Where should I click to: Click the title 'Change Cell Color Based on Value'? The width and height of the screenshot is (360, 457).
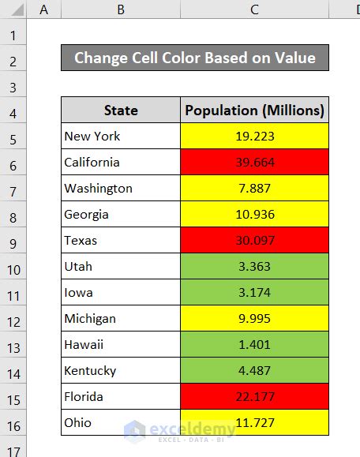194,58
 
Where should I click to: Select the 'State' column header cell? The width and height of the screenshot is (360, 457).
120,110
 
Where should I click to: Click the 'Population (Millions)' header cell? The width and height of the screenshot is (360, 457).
254,110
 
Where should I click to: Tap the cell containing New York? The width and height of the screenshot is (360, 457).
120,136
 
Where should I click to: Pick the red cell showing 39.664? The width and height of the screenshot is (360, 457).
254,162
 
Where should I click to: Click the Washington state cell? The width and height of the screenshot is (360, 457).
120,188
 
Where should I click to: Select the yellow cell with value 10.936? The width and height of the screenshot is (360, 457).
254,214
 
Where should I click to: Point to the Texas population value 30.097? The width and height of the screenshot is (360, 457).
254,240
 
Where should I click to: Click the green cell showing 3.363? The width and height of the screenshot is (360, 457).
254,266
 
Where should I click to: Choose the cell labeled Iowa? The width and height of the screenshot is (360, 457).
120,292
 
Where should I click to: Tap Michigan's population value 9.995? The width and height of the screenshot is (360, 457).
254,318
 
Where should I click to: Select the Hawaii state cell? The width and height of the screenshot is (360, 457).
120,344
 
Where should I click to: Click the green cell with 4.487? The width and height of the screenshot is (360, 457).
254,370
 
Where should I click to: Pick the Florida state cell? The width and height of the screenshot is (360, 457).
120,396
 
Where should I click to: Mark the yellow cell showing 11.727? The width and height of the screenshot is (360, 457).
254,422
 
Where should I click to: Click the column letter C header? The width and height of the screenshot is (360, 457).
254,9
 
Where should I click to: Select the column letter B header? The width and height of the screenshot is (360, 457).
120,9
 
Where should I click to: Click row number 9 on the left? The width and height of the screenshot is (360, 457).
13,240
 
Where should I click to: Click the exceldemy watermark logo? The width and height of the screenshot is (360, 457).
180,430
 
